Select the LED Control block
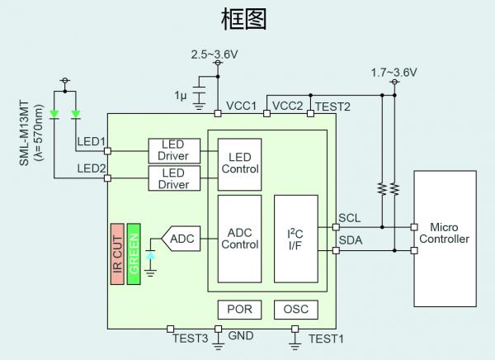pos(239,163)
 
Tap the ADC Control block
pos(239,239)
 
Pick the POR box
pos(239,310)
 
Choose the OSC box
pos(295,310)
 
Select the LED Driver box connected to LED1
pos(173,150)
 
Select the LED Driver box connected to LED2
pos(173,178)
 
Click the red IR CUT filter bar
pos(117,253)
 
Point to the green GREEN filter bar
pos(134,253)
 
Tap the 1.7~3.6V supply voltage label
pos(394,73)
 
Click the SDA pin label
pos(348,242)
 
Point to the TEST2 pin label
pos(332,107)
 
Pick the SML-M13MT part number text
pos(24,133)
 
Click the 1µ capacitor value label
pos(181,96)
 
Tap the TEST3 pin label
pos(190,338)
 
